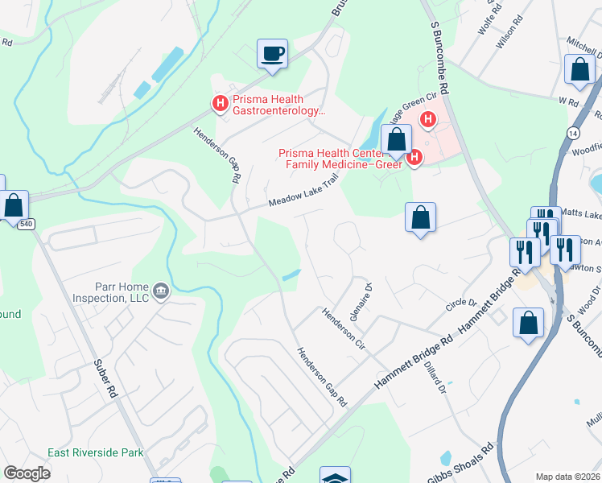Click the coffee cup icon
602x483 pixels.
click(x=272, y=54)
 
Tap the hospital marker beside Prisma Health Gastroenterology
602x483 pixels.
click(x=218, y=103)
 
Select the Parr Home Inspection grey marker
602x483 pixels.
click(x=161, y=291)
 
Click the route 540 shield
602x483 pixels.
click(x=27, y=224)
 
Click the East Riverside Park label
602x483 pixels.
click(x=95, y=453)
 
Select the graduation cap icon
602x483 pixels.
click(x=335, y=477)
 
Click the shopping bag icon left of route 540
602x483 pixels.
click(x=14, y=206)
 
